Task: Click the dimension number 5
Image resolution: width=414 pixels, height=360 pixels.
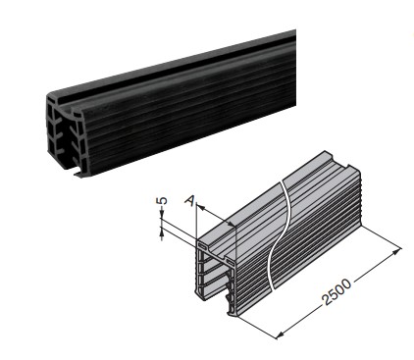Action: [x=164, y=200]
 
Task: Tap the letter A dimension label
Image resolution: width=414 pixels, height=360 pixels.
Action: [x=189, y=200]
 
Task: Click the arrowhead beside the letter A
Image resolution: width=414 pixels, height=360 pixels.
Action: [x=200, y=206]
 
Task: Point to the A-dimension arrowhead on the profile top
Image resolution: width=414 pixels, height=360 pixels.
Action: [x=232, y=224]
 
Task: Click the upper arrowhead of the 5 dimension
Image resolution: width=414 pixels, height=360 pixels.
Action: [x=162, y=215]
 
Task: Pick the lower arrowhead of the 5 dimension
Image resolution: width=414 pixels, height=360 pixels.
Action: [x=162, y=231]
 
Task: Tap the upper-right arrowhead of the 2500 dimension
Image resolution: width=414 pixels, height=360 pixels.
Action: [x=396, y=251]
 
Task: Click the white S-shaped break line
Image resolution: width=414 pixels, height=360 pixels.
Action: [x=279, y=234]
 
